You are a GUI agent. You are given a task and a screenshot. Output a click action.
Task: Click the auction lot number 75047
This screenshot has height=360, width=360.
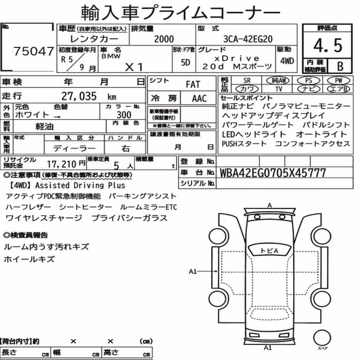[34, 51]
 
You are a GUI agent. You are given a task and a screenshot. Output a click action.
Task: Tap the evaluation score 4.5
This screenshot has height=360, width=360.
[328, 45]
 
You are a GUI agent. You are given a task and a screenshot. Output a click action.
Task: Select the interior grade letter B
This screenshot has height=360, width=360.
[340, 66]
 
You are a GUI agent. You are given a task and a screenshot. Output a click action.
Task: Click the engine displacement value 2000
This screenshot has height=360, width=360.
[164, 39]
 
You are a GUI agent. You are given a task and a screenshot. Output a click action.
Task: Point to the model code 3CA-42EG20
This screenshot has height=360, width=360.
[248, 39]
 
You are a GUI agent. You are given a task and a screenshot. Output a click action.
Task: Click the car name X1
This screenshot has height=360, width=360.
[134, 67]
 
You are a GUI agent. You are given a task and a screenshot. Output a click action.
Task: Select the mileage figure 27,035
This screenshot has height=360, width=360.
[79, 96]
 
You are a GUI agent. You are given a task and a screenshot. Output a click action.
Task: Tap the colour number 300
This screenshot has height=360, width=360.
[124, 114]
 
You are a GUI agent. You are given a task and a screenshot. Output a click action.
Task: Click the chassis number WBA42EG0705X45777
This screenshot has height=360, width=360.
[273, 173]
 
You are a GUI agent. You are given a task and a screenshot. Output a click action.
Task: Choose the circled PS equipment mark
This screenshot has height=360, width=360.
[309, 80]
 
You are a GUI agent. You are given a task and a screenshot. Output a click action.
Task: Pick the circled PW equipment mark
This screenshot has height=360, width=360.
[338, 80]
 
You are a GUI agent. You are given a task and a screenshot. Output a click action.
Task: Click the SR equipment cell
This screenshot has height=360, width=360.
[247, 80]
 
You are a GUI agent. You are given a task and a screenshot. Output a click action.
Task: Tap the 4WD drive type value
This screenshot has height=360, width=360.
[287, 61]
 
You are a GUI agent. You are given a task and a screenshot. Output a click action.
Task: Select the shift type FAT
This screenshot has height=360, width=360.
[193, 85]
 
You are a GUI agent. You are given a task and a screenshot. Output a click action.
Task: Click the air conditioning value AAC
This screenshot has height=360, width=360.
[199, 99]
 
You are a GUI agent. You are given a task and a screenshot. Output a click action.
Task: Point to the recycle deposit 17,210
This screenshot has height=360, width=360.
[62, 164]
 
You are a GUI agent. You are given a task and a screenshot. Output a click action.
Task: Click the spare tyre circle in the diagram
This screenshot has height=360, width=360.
[322, 338]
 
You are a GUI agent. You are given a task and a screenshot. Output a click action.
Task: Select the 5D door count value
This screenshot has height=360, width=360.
[185, 62]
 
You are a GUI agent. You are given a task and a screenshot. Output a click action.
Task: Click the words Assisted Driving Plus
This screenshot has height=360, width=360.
[80, 185]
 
